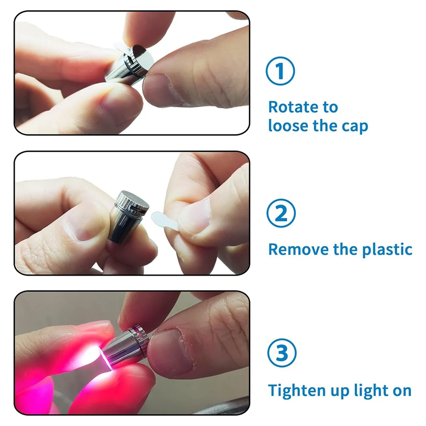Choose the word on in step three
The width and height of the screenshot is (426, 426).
(x=402, y=391)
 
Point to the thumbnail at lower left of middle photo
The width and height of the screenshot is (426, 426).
(x=83, y=231)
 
